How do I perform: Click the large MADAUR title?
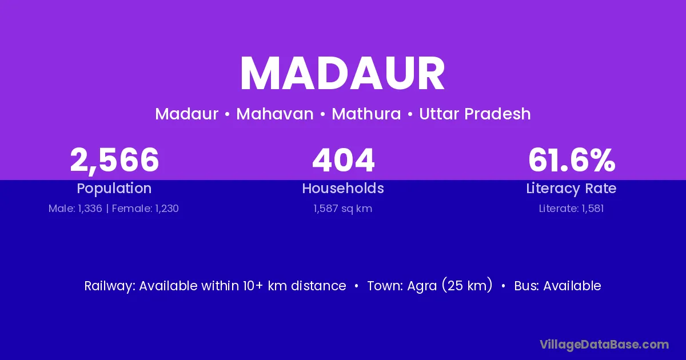coord(342,73)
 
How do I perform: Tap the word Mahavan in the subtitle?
coord(275,114)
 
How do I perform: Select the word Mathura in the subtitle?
coord(366,114)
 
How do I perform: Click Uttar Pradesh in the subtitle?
coord(474,114)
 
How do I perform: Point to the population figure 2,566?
coord(114,161)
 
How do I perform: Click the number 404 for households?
coord(343,160)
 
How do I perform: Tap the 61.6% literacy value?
coord(572,160)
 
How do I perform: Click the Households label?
coord(343,188)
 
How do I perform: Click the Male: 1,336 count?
coord(75,209)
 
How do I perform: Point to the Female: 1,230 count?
coord(145,209)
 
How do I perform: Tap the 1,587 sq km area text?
coord(342,209)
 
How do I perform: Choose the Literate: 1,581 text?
coord(571,209)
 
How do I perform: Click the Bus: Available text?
coord(557,286)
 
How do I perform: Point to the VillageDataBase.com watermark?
coord(604,345)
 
